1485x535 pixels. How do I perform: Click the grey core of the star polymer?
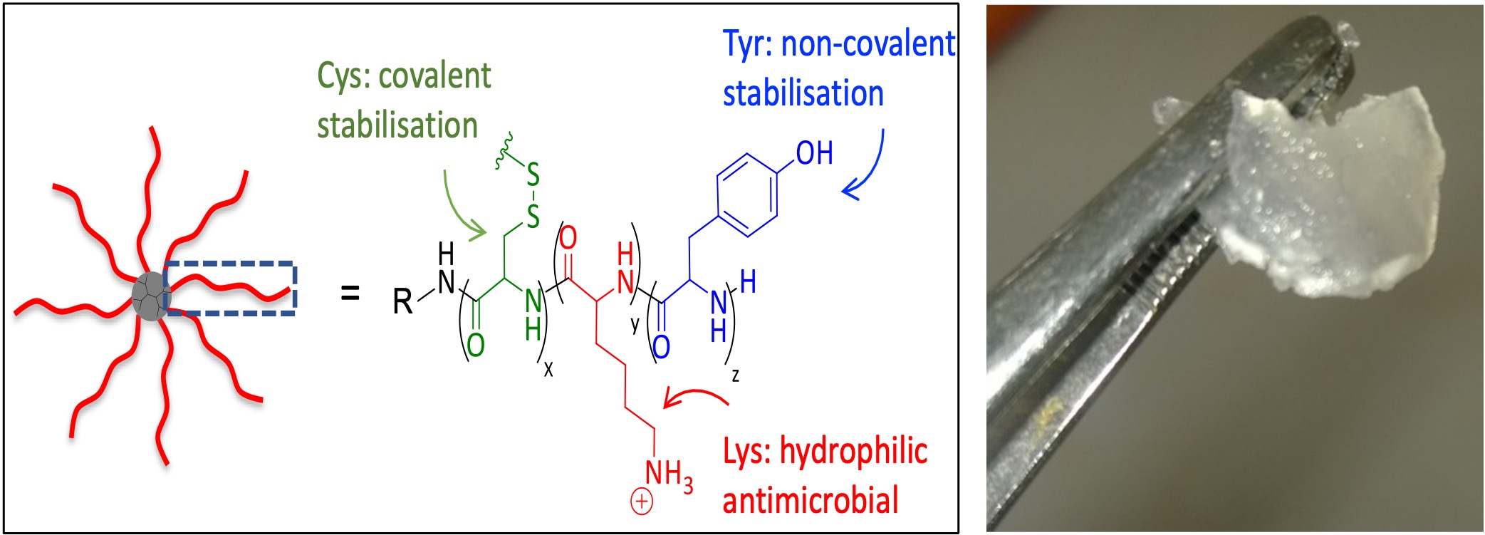point(150,296)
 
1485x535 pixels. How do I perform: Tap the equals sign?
point(350,293)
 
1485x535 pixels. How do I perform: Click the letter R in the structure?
point(402,301)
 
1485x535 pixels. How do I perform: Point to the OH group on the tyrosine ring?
point(814,153)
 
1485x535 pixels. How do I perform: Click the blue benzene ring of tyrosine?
point(746,194)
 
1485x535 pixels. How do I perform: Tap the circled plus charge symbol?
point(641,502)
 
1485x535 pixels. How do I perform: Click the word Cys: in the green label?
point(343,76)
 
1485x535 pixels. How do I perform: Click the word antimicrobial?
point(811,499)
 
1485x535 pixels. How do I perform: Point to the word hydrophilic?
point(853,452)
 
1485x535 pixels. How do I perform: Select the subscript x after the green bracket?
point(548,369)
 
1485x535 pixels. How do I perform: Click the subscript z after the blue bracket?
point(735,375)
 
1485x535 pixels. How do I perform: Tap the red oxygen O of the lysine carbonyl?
point(568,237)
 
